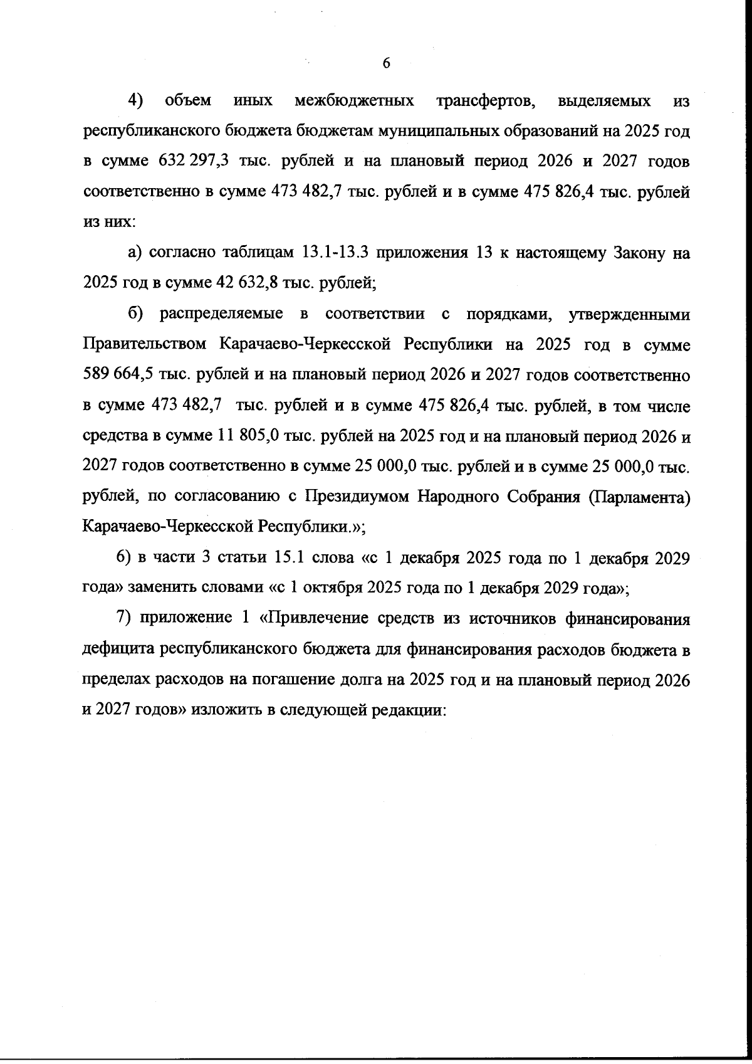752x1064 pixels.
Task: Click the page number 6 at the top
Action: (x=386, y=63)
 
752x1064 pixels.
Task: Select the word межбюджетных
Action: (x=353, y=101)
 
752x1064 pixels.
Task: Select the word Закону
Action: (x=628, y=253)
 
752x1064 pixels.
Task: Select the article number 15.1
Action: (x=286, y=558)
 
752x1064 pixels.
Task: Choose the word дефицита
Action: (x=119, y=650)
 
